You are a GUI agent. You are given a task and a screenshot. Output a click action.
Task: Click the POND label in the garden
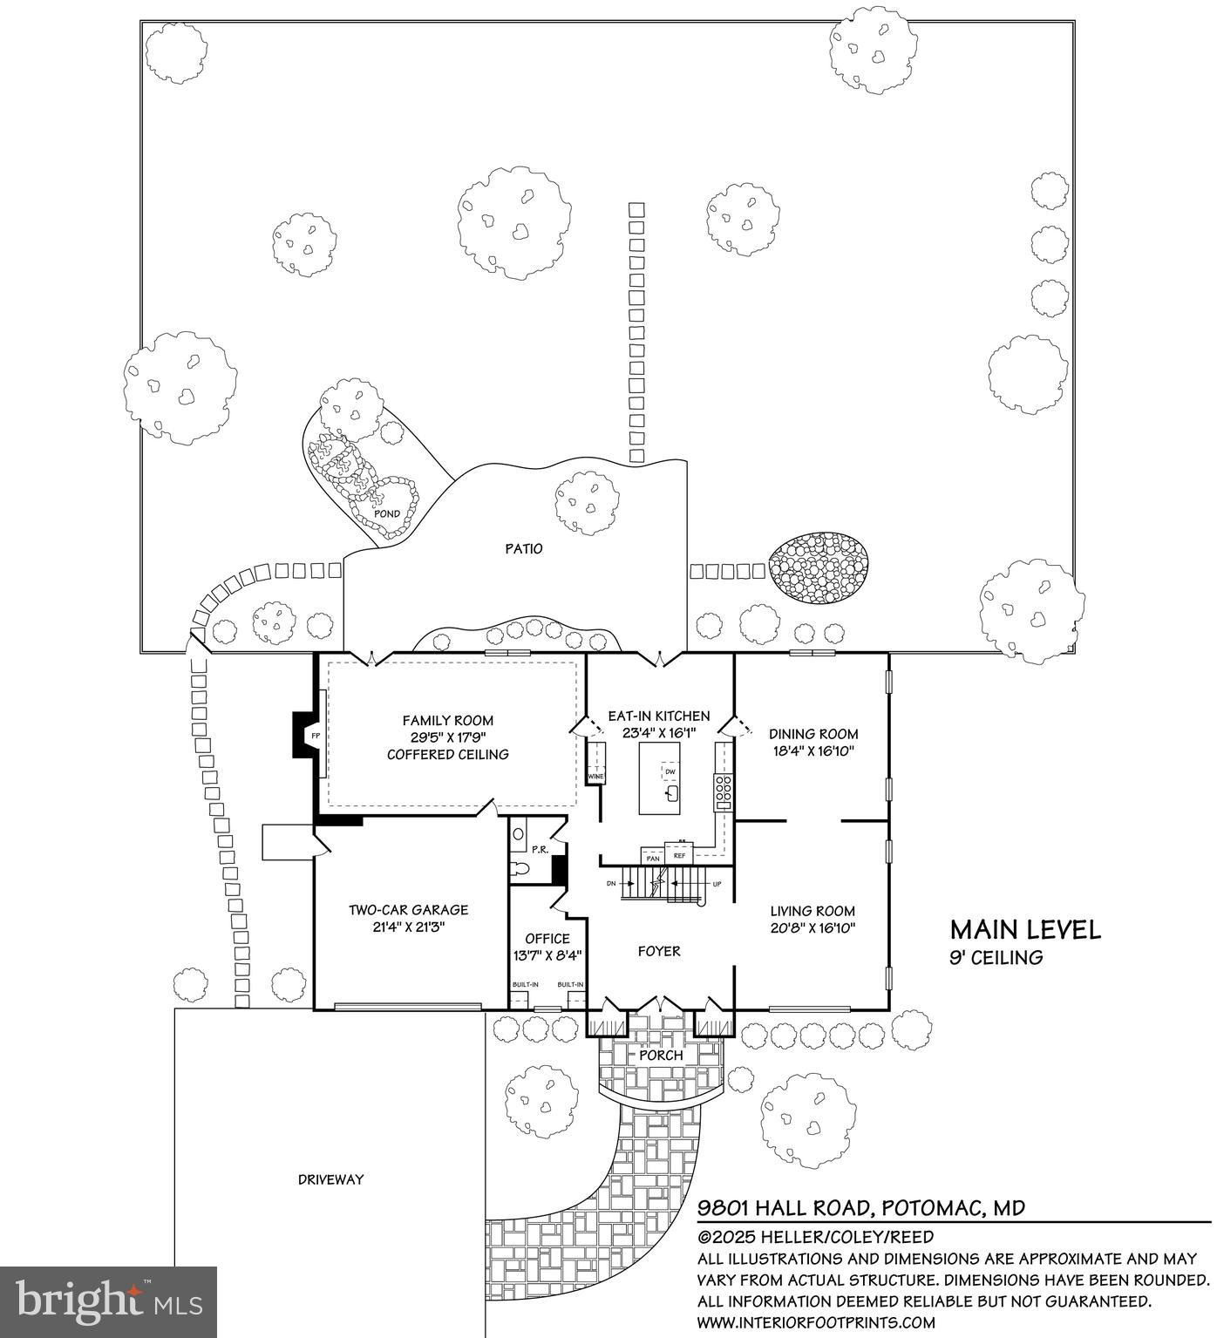386,513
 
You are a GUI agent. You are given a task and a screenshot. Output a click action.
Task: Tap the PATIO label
523,548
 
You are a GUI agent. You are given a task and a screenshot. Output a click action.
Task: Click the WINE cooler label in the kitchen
595,776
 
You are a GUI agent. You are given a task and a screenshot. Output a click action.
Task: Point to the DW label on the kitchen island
670,771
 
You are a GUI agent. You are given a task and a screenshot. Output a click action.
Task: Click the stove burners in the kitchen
723,789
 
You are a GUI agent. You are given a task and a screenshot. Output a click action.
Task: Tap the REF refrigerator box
679,855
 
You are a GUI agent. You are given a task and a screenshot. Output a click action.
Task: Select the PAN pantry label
652,859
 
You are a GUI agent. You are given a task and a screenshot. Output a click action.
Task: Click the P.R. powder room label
540,849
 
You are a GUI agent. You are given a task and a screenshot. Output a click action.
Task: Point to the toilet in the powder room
520,868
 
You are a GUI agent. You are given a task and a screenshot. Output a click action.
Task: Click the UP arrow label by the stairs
717,884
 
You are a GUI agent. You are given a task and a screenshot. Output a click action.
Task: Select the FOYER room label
658,951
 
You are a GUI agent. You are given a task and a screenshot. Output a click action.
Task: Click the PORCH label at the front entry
661,1055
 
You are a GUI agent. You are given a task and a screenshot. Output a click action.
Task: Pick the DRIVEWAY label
330,1179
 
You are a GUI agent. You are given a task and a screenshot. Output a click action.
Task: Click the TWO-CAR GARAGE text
408,910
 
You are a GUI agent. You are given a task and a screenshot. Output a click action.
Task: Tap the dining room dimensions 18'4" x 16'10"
813,751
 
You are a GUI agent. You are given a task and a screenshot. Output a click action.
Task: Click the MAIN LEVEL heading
1024,929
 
